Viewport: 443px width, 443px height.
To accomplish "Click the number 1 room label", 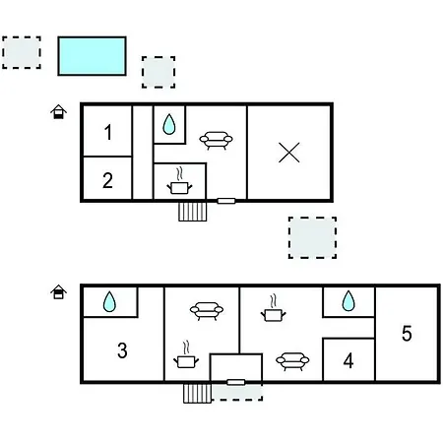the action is pos(108,132).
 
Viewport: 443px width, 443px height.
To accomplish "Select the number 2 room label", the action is pos(107,180).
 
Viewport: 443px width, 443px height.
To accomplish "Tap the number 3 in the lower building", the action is pos(122,350).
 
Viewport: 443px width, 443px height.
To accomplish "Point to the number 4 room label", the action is pos(348,360).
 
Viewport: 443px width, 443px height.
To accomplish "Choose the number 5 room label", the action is pos(407,334).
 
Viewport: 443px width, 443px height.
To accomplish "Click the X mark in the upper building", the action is pos(289,153).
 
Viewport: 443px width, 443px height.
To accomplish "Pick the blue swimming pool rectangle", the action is pos(92,56).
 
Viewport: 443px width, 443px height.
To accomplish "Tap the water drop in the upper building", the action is pos(169,124).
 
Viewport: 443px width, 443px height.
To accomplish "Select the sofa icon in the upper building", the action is pos(216,140).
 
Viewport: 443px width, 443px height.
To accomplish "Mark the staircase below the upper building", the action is pos(193,212).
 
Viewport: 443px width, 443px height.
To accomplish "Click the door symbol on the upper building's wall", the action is pos(226,201).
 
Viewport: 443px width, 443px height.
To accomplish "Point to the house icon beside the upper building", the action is pos(58,111).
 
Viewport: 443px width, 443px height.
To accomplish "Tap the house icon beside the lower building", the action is pos(58,291).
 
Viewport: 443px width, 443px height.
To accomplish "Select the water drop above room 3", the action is pos(109,301).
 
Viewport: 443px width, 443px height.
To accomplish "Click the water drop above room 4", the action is pos(348,300).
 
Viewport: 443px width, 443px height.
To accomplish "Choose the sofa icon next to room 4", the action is pos(292,361).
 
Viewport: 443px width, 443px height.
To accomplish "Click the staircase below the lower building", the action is pos(197,393).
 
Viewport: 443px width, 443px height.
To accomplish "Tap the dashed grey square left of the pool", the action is pos(22,52).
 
